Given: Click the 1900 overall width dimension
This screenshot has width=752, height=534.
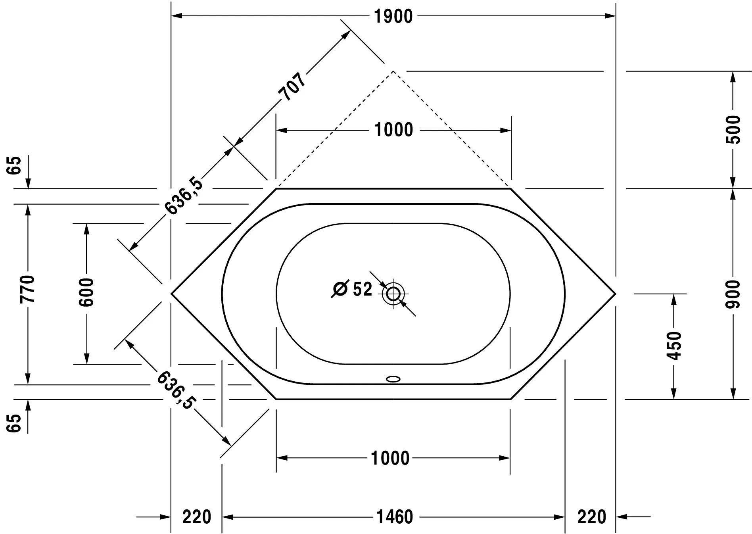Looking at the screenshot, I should click(393, 17).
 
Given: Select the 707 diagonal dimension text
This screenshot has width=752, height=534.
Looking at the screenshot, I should click(293, 87).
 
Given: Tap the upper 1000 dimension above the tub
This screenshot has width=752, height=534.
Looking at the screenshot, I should click(393, 130).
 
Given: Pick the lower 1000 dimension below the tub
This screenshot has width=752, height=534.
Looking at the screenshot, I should click(390, 458).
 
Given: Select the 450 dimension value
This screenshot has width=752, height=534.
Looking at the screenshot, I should click(673, 346).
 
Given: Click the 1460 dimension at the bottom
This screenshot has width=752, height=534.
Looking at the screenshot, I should click(394, 517).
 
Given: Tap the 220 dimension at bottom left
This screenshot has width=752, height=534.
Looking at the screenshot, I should click(197, 517).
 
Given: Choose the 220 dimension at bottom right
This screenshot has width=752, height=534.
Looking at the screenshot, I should click(591, 517).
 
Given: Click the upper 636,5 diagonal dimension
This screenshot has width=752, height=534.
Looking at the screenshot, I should click(184, 196).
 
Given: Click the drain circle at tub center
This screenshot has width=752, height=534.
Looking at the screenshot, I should click(393, 294).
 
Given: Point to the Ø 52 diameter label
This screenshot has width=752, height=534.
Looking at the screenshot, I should click(352, 289).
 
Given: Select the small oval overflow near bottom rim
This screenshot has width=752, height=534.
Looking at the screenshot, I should click(393, 379).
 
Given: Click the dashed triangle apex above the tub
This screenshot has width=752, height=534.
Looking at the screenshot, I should click(393, 71).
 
